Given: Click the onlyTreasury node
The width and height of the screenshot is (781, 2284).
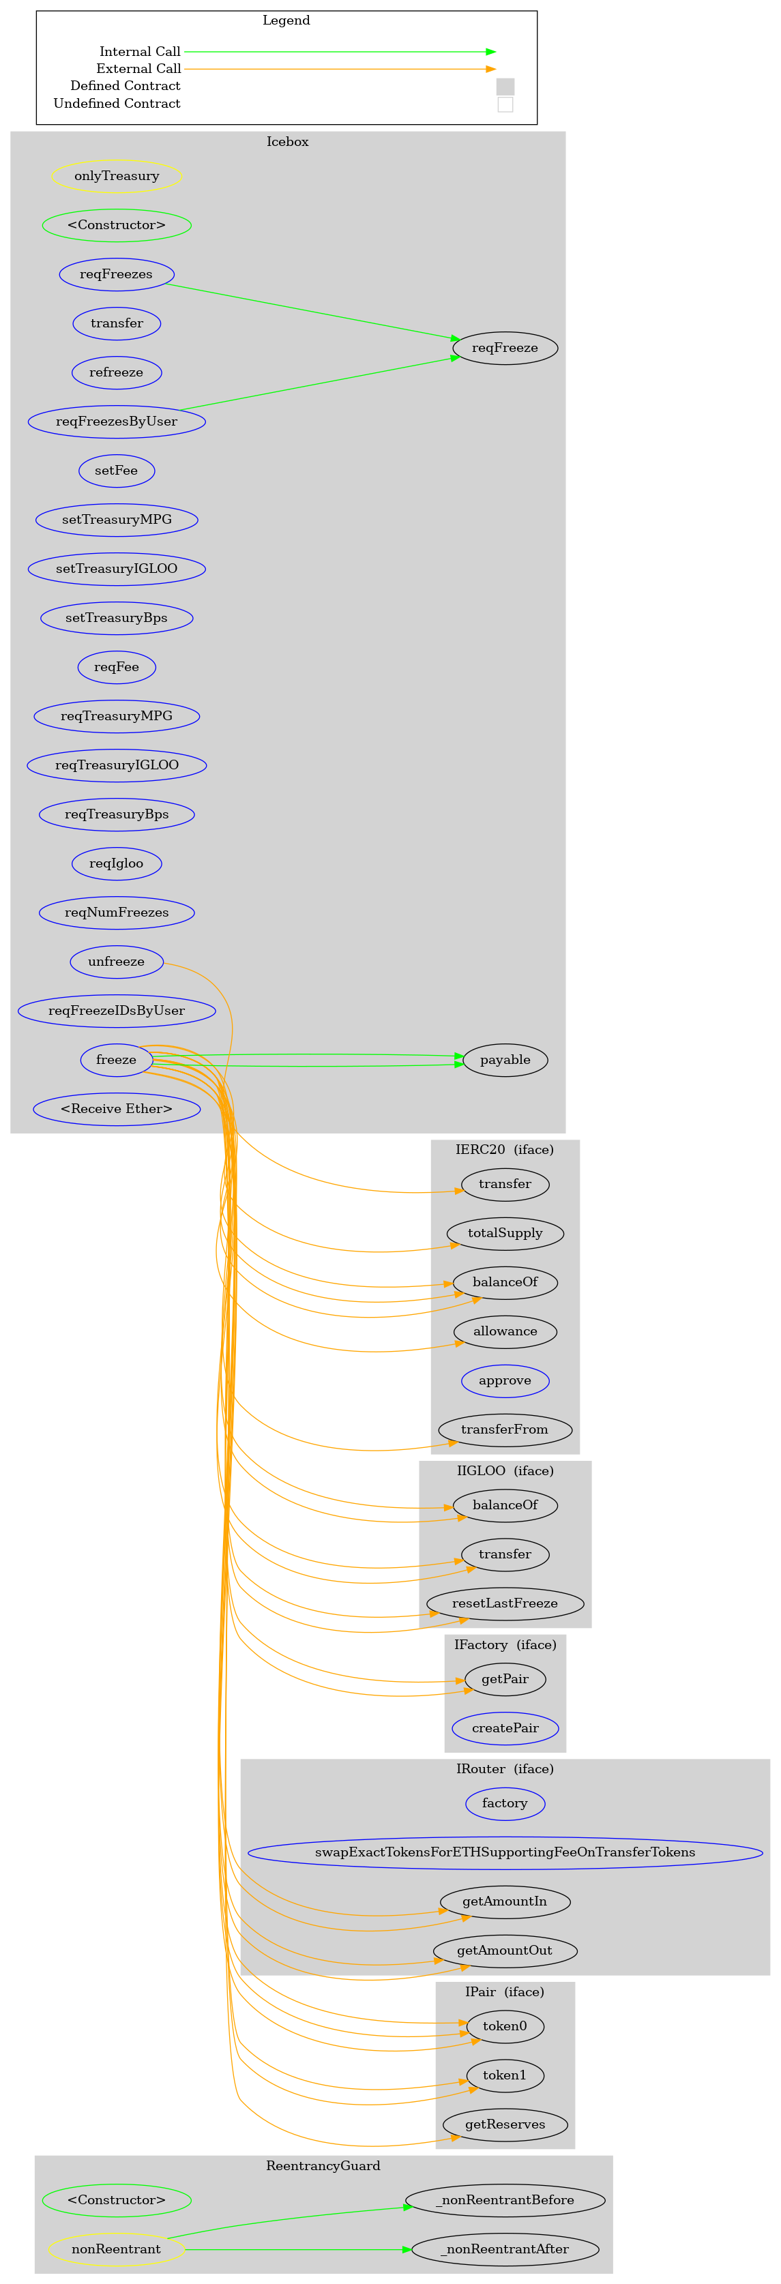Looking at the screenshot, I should [x=116, y=175].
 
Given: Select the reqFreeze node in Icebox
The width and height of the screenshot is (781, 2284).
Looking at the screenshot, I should [x=505, y=348].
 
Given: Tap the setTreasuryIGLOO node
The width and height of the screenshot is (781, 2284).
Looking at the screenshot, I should [x=116, y=568].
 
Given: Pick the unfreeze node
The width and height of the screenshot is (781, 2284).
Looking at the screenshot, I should [x=116, y=961].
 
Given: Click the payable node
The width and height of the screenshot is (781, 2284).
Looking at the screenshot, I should [x=505, y=1060].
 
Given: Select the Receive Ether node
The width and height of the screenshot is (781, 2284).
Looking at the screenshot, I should [x=116, y=1108].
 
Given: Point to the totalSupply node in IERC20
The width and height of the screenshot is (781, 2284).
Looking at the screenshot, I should [x=505, y=1232].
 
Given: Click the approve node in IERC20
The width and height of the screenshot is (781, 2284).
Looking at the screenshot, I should [x=505, y=1380].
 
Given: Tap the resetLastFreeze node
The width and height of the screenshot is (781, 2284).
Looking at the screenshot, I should [x=505, y=1603].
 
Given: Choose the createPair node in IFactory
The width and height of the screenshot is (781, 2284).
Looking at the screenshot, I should [x=505, y=1727].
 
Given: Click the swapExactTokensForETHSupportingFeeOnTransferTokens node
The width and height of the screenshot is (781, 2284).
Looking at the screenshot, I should [x=505, y=1852].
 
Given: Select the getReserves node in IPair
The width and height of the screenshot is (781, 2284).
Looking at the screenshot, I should [x=505, y=2124].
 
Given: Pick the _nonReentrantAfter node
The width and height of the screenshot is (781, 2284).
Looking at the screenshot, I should [x=505, y=2249].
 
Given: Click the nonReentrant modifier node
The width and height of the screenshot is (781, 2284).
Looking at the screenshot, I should [x=116, y=2249].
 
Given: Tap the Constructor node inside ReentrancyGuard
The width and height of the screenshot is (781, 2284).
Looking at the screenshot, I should [x=116, y=2199].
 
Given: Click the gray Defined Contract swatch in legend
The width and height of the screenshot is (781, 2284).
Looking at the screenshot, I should [x=505, y=87].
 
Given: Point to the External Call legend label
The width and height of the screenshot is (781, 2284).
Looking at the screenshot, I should [x=138, y=68].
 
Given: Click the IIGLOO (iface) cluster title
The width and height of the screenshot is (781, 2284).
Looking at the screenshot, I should [x=505, y=1470].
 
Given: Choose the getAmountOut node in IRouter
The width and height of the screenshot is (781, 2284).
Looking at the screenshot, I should [x=505, y=1950].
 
